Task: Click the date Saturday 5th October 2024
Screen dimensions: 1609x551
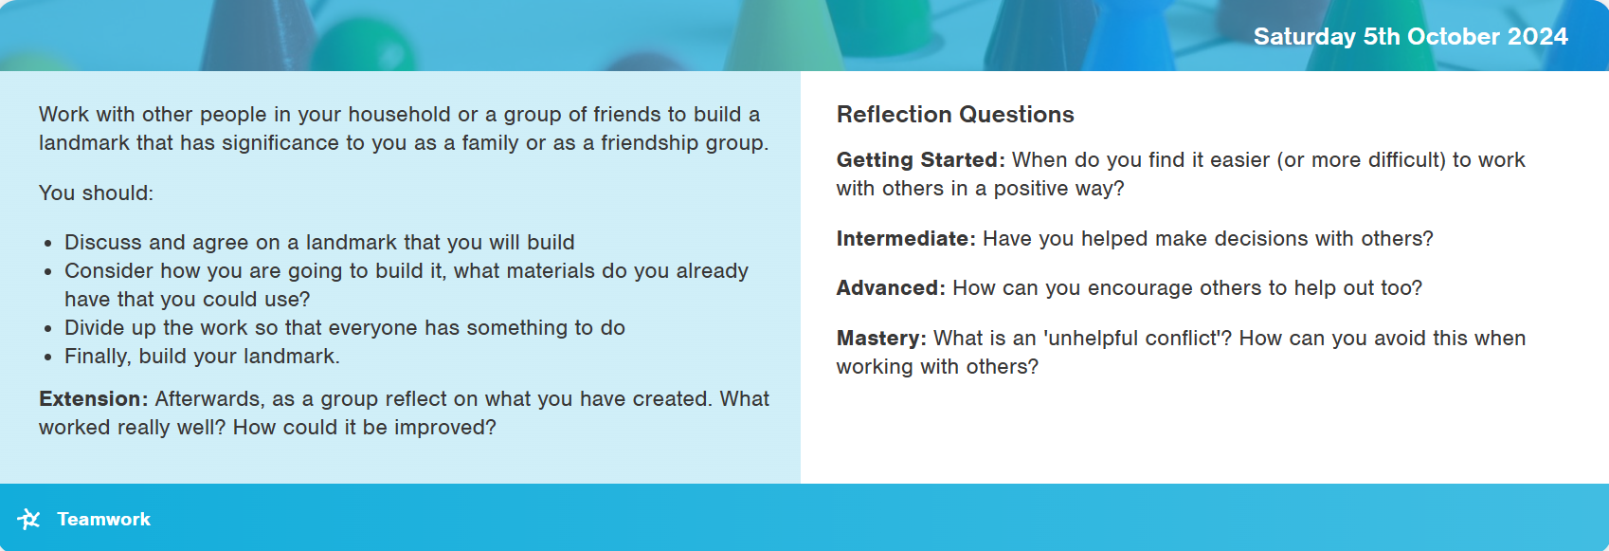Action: tap(1410, 36)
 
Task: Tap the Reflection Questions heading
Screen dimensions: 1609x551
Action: tap(954, 115)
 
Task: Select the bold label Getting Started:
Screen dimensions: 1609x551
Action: tap(921, 159)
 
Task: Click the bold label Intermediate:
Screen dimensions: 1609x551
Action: tap(906, 238)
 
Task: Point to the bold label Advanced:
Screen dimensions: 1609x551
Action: tap(891, 287)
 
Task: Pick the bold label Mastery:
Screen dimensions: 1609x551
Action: tap(881, 338)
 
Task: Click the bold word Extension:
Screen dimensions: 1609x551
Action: tap(94, 398)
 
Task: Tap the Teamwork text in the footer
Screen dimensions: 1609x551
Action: tap(103, 520)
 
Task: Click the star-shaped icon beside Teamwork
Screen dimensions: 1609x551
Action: tap(29, 519)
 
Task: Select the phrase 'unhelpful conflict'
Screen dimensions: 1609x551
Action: tap(1137, 338)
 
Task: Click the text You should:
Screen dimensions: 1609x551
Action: tap(97, 193)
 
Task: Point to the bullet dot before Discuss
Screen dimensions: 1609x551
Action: tap(48, 244)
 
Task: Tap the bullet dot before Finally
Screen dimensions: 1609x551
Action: tap(48, 358)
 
